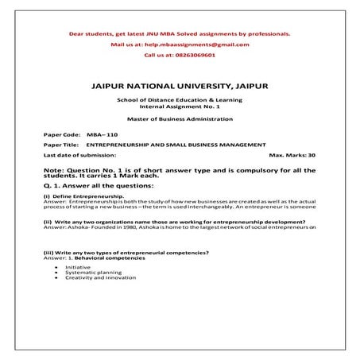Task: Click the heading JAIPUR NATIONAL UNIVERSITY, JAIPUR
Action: point(180,83)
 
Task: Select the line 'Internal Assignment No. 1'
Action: point(180,105)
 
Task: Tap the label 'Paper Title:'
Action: point(61,146)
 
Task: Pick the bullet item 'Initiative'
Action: point(77,267)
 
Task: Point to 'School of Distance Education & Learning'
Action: point(180,99)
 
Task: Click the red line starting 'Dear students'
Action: point(180,33)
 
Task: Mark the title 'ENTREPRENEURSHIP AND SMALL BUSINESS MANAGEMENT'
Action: point(181,146)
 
